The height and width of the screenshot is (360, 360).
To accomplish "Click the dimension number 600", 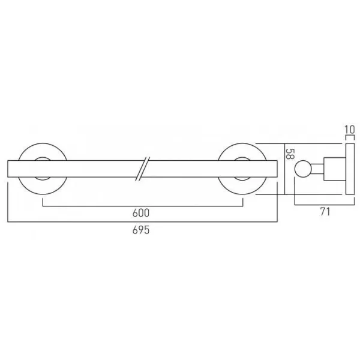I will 142,213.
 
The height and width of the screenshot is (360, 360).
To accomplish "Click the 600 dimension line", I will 90,205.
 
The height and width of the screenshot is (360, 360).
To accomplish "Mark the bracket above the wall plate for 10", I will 349,137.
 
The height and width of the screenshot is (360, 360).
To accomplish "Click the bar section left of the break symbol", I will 90,170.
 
